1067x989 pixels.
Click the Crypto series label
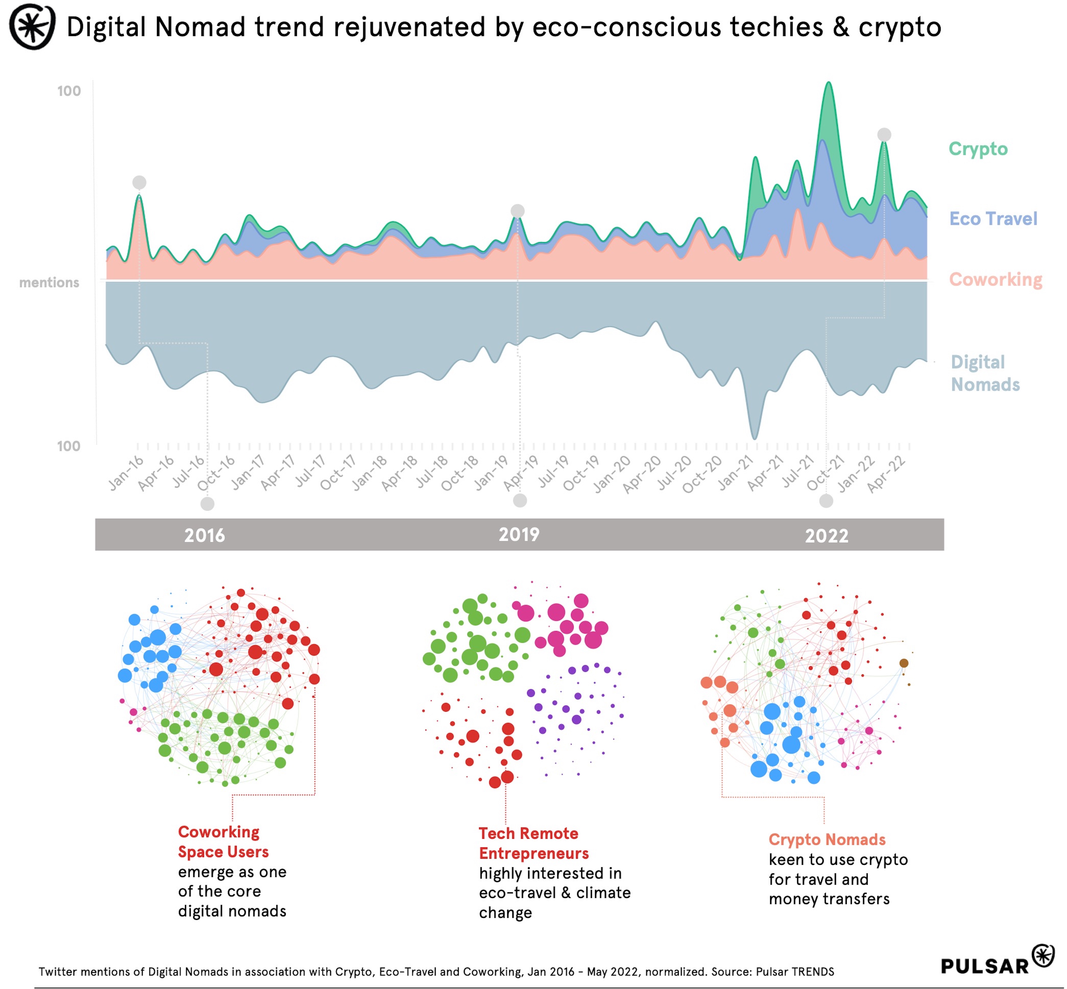[x=978, y=149]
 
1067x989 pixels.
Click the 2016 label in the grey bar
[x=204, y=536]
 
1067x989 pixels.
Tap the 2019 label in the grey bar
[x=519, y=534]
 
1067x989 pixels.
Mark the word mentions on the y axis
[x=49, y=283]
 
